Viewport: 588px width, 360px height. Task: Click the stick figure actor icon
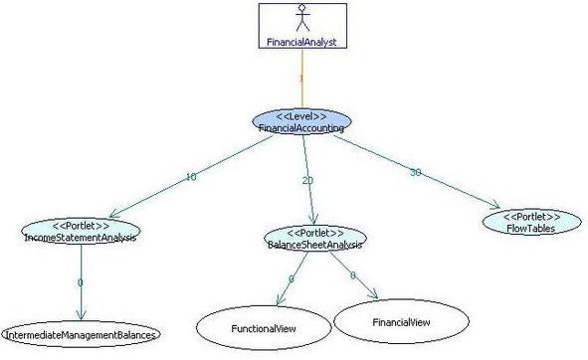302,18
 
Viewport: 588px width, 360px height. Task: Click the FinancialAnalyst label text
301,42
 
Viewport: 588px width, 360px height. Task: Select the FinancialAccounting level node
301,122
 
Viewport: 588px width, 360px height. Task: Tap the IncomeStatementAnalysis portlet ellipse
81,231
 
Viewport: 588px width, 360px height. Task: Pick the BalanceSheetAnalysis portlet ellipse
315,238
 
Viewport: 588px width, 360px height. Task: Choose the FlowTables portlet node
531,222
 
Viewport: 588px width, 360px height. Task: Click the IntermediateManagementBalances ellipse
81,334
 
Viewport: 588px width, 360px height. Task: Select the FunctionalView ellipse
264,328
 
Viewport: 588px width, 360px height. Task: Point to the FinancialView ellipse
401,322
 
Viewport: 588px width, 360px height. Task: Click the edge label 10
191,177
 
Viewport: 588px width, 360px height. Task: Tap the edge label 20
307,180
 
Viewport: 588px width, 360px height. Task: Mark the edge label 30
416,172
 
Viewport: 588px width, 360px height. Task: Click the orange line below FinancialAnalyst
302,79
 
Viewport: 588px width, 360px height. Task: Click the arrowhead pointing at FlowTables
495,205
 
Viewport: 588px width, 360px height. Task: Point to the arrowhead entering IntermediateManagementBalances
81,315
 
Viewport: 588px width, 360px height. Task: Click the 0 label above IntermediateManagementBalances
80,282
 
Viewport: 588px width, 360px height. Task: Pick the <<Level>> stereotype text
301,116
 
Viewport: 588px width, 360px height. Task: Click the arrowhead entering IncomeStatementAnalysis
114,214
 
